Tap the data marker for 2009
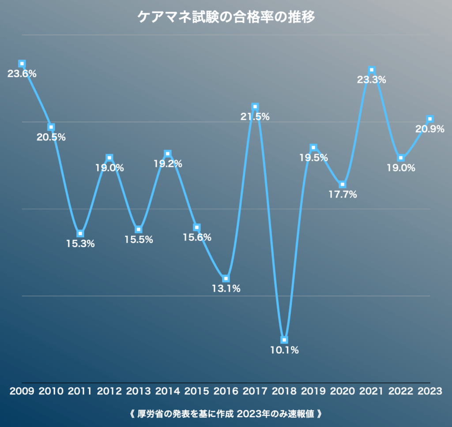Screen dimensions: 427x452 pyautogui.click(x=22, y=64)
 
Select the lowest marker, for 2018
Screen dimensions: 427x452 pyautogui.click(x=284, y=340)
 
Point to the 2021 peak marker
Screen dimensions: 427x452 pyautogui.click(x=372, y=70)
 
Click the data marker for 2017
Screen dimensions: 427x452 pyautogui.click(x=255, y=107)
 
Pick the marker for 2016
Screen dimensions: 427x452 pyautogui.click(x=226, y=279)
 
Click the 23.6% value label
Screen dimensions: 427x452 pyautogui.click(x=22, y=74)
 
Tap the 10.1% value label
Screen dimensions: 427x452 pyautogui.click(x=284, y=350)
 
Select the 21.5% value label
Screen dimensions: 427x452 pyautogui.click(x=255, y=117)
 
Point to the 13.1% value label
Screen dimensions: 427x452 pyautogui.click(x=226, y=289)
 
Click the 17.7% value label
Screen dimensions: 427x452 pyautogui.click(x=343, y=195)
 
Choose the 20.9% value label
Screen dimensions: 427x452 pyautogui.click(x=429, y=129)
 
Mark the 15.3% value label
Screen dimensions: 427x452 pyautogui.click(x=80, y=243)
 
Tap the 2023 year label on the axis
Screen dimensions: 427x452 pyautogui.click(x=430, y=391)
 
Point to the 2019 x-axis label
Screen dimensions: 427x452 pyautogui.click(x=314, y=391)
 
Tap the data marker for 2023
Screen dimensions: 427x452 pyautogui.click(x=430, y=119)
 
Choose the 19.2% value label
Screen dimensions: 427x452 pyautogui.click(x=168, y=164)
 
